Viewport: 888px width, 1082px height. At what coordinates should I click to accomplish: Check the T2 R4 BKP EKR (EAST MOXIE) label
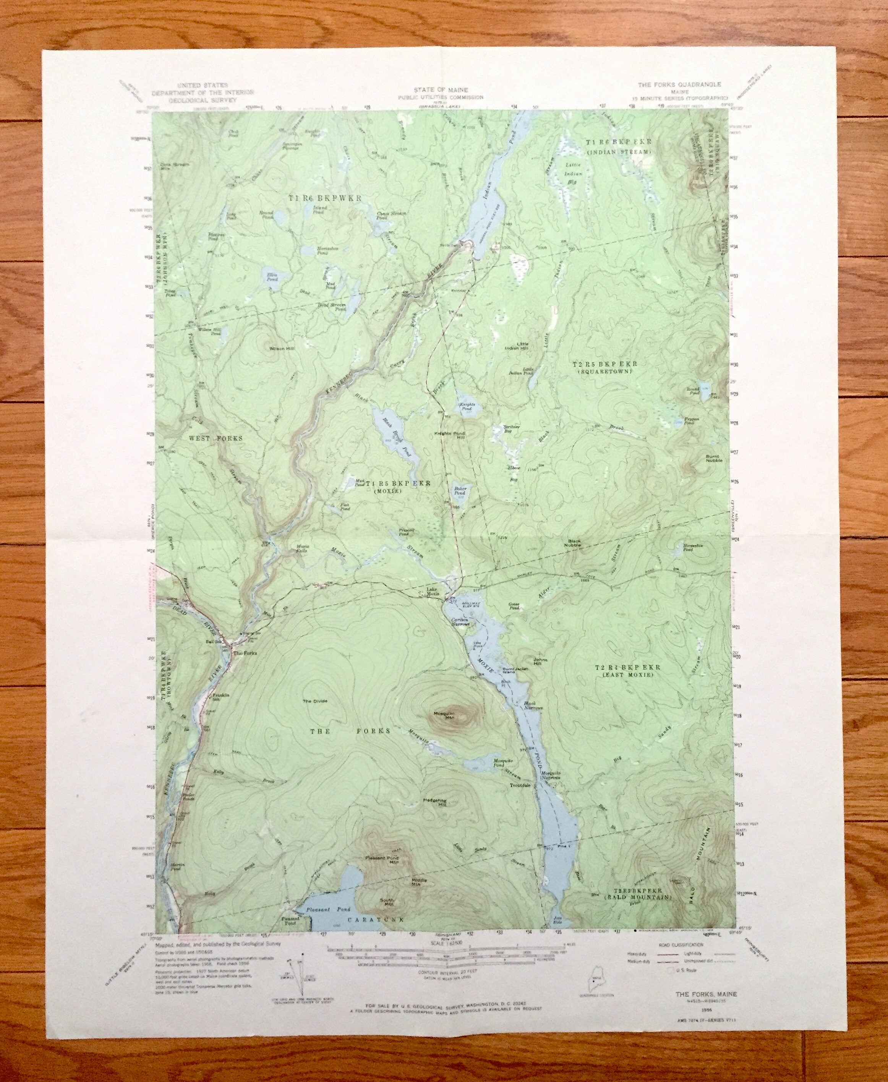click(628, 671)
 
